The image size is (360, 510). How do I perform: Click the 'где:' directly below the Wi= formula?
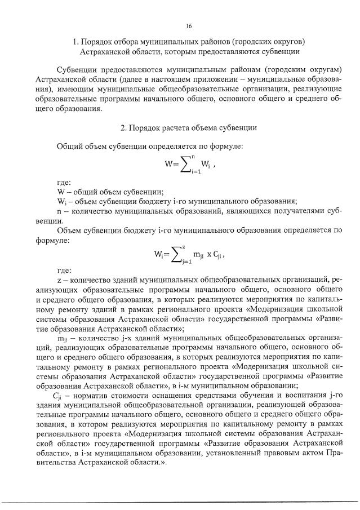[64, 270]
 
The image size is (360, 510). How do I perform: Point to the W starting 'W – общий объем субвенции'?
[61, 192]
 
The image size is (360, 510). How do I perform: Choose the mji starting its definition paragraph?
[63, 338]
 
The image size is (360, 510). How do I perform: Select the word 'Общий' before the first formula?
[69, 147]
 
